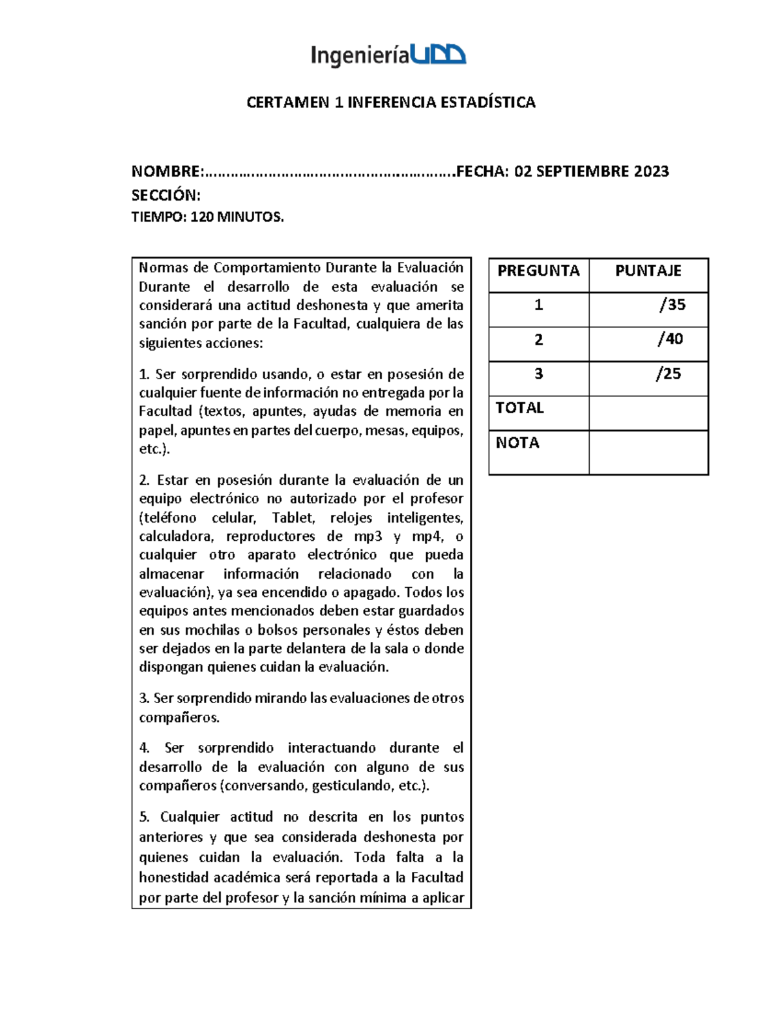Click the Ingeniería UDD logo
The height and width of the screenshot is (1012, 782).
(x=388, y=55)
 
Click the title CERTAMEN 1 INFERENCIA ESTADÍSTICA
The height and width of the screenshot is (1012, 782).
(x=390, y=102)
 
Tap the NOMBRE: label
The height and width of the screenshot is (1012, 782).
(x=167, y=171)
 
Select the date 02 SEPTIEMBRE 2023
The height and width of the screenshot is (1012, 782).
(x=591, y=171)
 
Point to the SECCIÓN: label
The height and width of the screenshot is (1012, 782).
(x=166, y=195)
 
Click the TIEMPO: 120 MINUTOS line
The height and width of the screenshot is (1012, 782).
(x=207, y=217)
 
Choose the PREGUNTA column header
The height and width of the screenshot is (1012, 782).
(x=538, y=271)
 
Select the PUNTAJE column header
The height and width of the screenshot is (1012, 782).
(x=648, y=271)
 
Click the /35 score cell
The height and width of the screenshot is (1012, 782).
(x=672, y=304)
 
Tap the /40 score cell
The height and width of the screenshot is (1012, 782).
(x=670, y=339)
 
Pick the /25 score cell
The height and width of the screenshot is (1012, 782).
(x=669, y=373)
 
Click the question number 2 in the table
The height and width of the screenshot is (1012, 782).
(x=538, y=340)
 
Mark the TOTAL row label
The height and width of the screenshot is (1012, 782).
(x=519, y=408)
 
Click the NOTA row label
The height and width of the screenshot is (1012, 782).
(x=517, y=443)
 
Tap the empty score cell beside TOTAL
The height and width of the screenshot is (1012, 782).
(x=648, y=413)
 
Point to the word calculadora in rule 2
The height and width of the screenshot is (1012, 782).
(x=175, y=536)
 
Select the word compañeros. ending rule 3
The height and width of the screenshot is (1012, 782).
(x=179, y=717)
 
